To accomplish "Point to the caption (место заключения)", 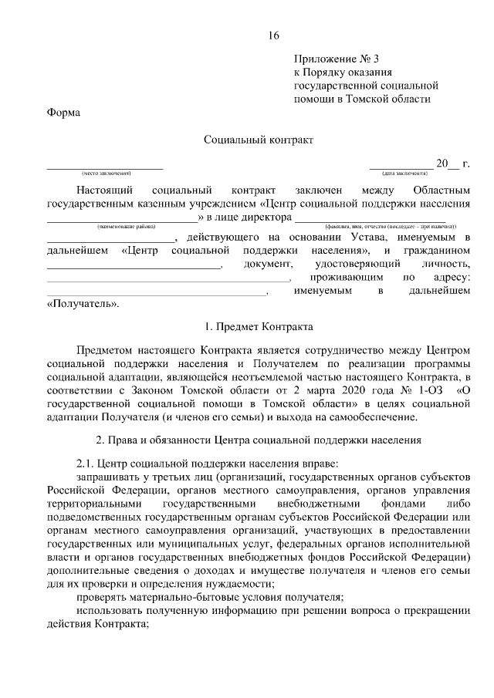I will (x=105, y=173).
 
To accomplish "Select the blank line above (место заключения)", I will (x=105, y=166).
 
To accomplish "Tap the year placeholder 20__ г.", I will (x=452, y=163).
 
